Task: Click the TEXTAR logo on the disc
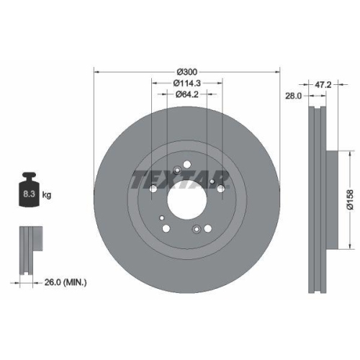tap(180, 179)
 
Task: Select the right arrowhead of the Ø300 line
tap(276, 72)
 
